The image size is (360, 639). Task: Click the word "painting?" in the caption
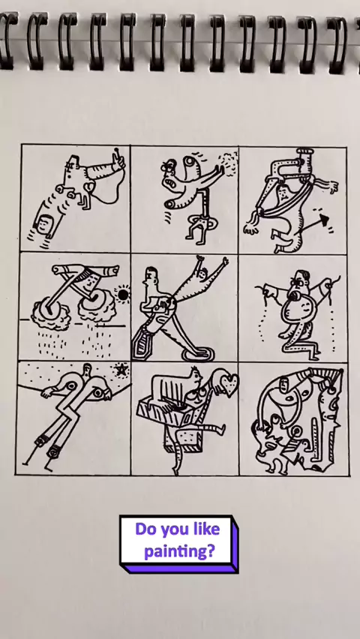coord(179,552)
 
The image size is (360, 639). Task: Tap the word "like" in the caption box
coord(205,529)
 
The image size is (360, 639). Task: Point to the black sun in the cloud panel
coord(123,294)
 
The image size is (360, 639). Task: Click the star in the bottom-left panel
coord(121,370)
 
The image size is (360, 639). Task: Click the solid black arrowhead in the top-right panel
coord(324,220)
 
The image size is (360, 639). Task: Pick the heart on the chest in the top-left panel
coord(89,187)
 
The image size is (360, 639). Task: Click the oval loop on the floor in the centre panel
coord(198,355)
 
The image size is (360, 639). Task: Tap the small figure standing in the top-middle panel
coord(199,226)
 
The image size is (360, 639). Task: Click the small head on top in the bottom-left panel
coord(86,369)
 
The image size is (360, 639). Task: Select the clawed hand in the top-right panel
coord(251,227)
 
